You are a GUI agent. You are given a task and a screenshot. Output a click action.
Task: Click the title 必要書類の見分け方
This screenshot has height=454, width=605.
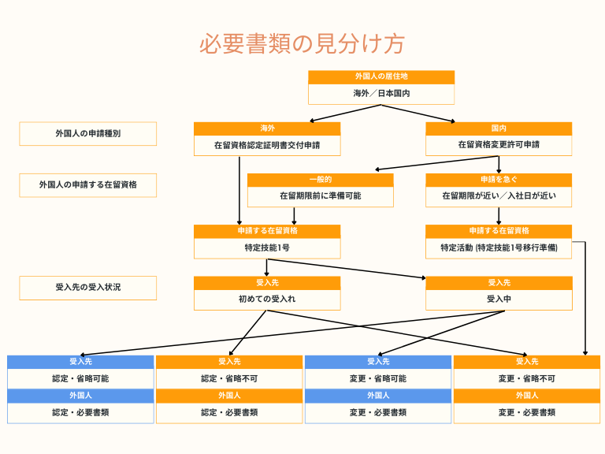tap(302, 43)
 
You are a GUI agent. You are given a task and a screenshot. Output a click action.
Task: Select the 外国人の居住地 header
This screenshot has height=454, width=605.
tap(381, 76)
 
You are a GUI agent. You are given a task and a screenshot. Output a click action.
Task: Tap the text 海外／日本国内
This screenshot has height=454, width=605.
tap(381, 94)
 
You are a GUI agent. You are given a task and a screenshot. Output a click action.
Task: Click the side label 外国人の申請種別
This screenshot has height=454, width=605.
tap(88, 133)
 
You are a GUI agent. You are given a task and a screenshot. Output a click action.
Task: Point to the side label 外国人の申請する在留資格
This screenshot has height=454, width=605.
tap(88, 185)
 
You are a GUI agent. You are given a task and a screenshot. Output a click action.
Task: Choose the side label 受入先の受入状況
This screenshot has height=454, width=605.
tap(88, 287)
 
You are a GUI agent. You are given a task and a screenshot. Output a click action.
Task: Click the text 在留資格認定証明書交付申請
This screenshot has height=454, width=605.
tap(267, 146)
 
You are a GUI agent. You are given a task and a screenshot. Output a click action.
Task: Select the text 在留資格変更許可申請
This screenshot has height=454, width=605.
tap(499, 145)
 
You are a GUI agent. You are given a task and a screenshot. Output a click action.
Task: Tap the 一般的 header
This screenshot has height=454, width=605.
tap(321, 180)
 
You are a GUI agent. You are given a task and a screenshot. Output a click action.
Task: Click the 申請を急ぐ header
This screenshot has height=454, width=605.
tap(499, 180)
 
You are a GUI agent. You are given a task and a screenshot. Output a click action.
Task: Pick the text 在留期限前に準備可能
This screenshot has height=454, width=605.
tap(321, 196)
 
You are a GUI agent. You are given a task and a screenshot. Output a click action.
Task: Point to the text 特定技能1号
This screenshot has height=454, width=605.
tap(267, 247)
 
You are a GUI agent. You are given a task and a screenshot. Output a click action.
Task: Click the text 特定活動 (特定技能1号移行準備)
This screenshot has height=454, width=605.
tap(499, 247)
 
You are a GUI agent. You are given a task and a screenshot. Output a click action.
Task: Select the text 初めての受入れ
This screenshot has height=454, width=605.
tap(267, 300)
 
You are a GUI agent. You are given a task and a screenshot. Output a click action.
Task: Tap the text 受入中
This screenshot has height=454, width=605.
tap(499, 300)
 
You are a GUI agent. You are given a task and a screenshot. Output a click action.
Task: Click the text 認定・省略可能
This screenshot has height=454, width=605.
tap(80, 378)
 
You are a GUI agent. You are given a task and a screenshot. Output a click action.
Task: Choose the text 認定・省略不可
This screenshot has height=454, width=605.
tap(229, 378)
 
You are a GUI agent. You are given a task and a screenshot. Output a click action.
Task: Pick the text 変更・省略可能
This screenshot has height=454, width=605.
tap(378, 378)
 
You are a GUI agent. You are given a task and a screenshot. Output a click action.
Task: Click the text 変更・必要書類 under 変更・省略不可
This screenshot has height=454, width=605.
tap(527, 413)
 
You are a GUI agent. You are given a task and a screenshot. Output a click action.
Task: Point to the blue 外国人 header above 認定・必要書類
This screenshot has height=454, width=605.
tap(80, 396)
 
